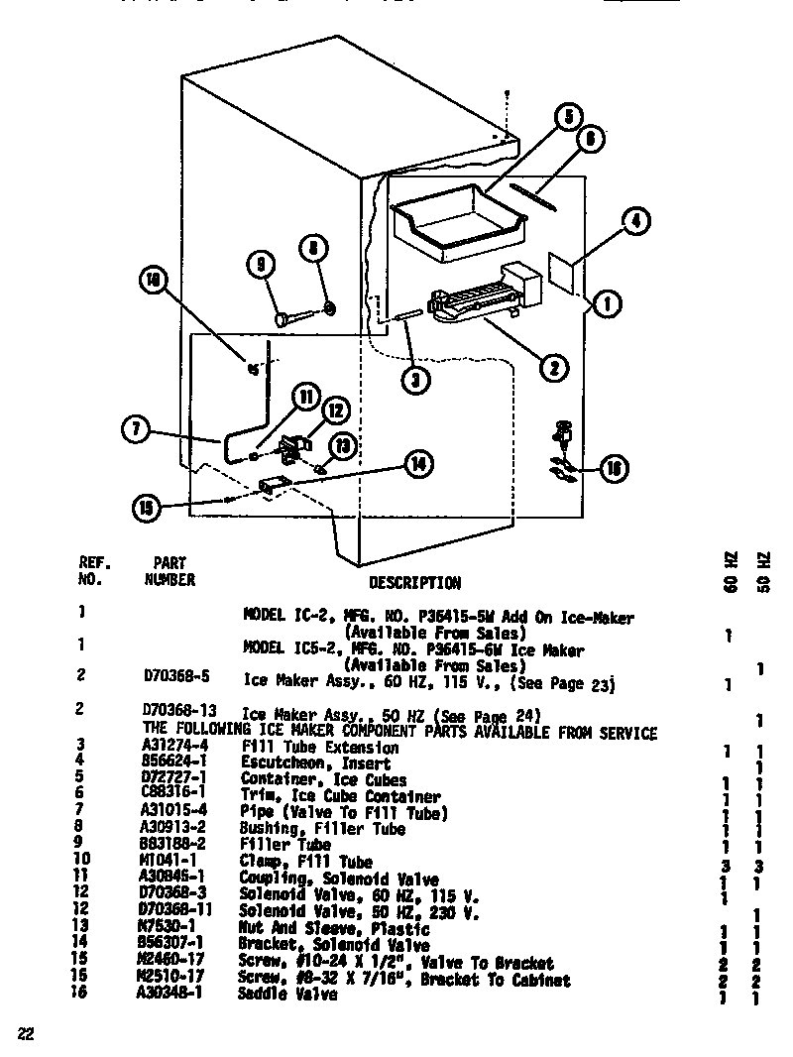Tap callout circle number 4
[x=636, y=221]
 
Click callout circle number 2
[x=553, y=368]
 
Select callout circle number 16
[x=614, y=468]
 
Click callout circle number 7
[x=135, y=429]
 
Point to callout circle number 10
[x=153, y=281]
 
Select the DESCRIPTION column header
[x=414, y=582]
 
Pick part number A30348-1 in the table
[x=170, y=994]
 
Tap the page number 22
[x=27, y=1034]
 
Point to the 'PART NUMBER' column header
[x=170, y=571]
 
